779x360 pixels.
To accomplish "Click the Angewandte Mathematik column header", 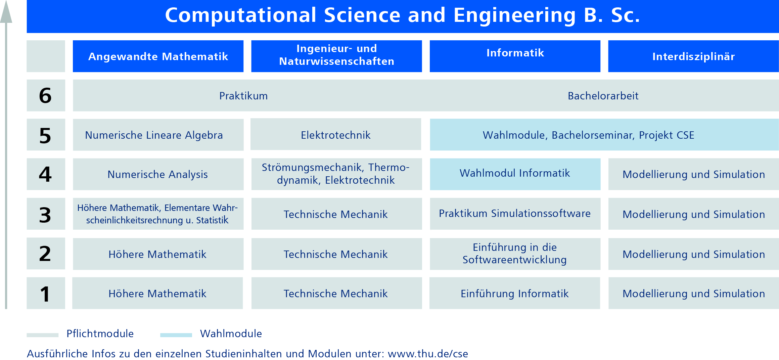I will point(158,56).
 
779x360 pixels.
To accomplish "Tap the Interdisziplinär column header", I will point(693,56).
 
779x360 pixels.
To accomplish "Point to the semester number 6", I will point(46,95).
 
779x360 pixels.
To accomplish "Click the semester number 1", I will point(46,294).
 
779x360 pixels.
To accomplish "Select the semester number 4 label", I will point(46,174).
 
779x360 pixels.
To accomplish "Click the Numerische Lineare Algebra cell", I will point(154,135).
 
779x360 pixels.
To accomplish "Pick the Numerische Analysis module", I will point(158,174).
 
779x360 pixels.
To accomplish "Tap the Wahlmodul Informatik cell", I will point(515,173).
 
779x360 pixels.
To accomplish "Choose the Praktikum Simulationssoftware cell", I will point(515,214).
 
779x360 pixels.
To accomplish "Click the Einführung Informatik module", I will point(514,294).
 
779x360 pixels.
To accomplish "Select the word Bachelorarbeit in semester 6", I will point(603,96).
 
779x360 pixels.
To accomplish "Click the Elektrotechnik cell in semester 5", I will point(336,135).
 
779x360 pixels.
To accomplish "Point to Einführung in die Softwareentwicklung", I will point(515,254).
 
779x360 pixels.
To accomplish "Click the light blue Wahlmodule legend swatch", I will point(176,335).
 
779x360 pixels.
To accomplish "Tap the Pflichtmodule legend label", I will point(100,333).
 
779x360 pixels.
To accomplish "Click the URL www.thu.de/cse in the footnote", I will point(428,354).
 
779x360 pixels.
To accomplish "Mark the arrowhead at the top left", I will point(6,12).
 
